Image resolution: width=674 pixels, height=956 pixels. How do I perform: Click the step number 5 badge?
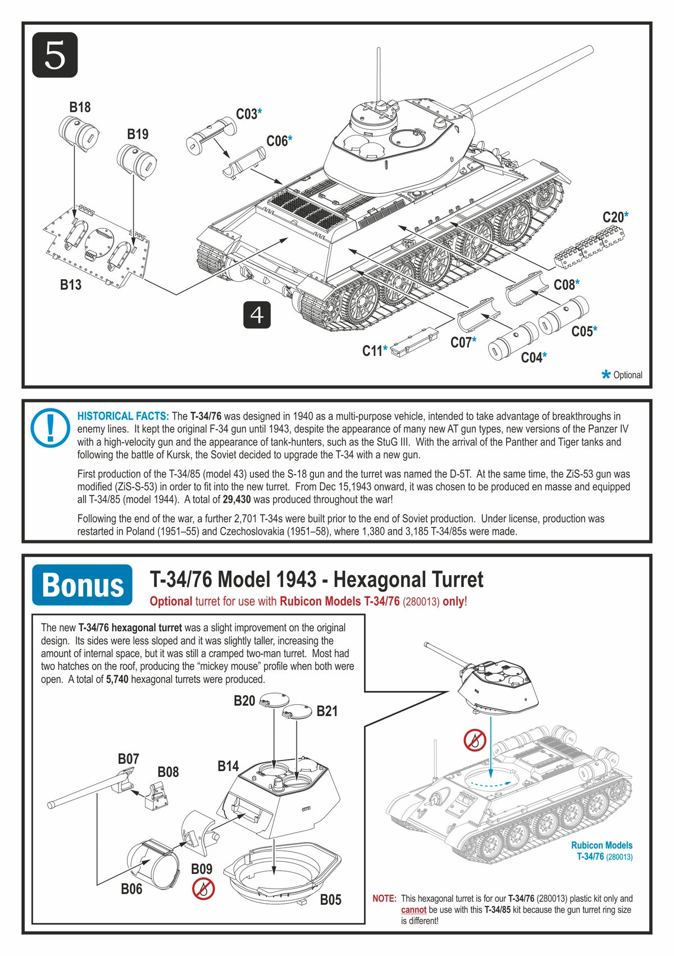54,55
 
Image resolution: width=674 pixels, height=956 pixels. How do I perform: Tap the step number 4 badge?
257,315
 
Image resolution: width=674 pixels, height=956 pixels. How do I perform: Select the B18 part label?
80,107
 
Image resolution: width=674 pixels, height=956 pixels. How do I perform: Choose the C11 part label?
372,351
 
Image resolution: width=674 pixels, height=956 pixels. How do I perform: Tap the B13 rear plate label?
71,285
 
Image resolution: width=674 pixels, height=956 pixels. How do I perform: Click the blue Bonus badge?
83,585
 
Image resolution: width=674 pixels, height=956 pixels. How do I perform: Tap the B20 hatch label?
244,700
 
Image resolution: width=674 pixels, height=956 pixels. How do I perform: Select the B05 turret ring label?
331,899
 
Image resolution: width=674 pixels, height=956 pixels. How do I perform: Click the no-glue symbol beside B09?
203,889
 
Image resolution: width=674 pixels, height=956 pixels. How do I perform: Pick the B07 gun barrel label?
128,759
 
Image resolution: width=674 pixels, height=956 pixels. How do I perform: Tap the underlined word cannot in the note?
413,909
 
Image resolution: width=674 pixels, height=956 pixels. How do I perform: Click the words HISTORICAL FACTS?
123,416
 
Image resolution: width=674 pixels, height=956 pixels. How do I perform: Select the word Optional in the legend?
627,375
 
